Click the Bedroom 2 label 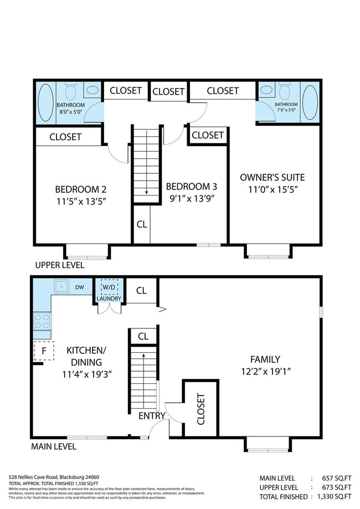point(80,188)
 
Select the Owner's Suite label point(272,178)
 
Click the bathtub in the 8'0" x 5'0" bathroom point(45,104)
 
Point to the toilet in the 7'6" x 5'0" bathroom point(285,91)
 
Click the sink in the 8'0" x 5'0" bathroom point(91,89)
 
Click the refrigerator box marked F point(43,351)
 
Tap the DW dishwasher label point(79,287)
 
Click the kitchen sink point(60,286)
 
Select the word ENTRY point(152,416)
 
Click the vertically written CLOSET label point(200,409)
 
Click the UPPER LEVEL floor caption point(59,265)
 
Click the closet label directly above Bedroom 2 point(65,136)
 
